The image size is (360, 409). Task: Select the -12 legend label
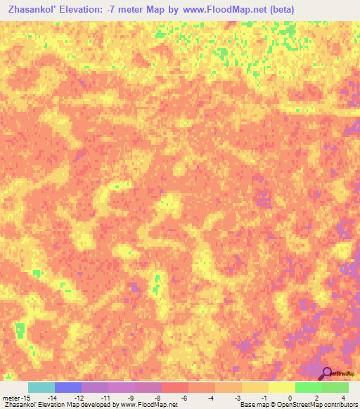click(79, 397)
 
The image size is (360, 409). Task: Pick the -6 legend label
click(184, 397)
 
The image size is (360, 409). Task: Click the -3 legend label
click(237, 397)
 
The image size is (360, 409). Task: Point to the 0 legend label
click(290, 397)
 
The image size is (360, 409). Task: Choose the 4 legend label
click(343, 397)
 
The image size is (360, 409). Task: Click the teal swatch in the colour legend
click(41, 387)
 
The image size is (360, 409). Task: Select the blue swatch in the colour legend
click(68, 387)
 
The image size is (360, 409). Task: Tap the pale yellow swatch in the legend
click(281, 387)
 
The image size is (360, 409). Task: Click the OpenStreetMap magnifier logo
click(327, 372)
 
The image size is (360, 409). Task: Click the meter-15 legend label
click(15, 397)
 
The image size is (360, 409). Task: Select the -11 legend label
click(105, 397)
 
